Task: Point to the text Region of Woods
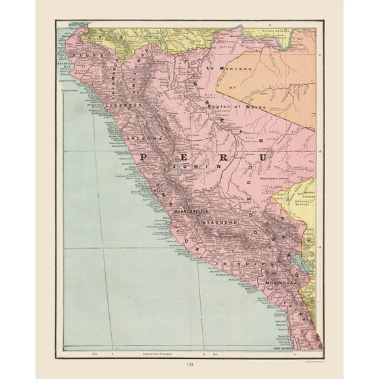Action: click(236, 107)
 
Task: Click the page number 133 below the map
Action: click(189, 366)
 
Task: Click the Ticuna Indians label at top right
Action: click(272, 32)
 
